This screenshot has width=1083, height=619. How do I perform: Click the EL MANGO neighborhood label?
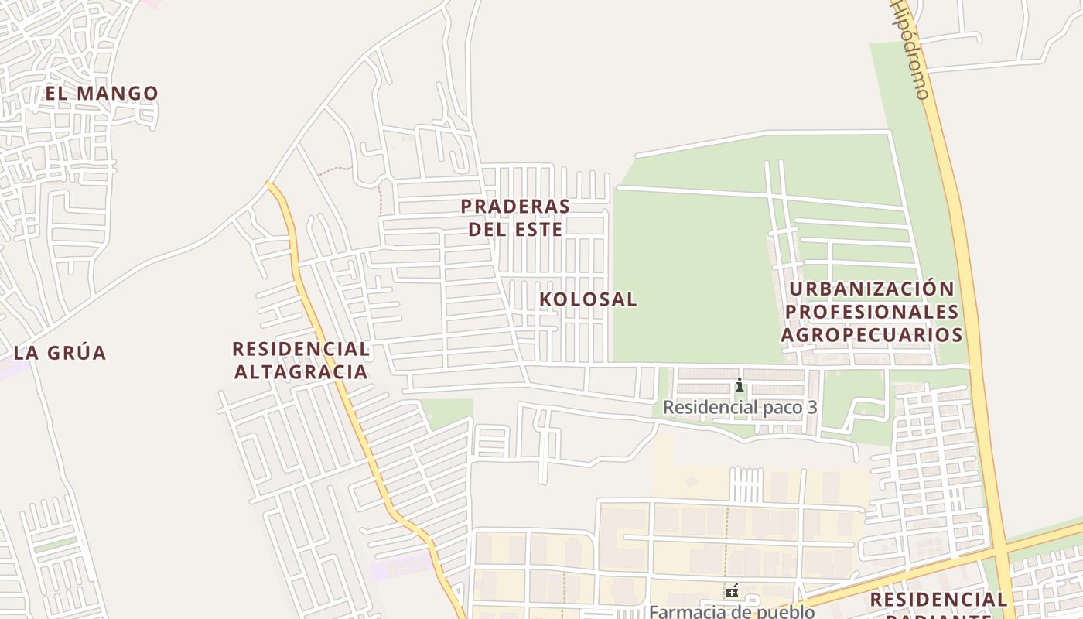[x=101, y=94]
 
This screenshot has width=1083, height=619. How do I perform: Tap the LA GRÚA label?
[x=60, y=353]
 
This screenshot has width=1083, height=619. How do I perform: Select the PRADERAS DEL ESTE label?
[x=515, y=217]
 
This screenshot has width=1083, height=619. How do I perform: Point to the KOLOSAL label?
[x=588, y=299]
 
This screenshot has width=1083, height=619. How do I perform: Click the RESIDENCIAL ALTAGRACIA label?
[x=301, y=361]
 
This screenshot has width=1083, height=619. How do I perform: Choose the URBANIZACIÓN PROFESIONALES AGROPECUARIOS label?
[x=872, y=312]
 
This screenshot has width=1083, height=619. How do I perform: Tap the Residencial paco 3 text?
[x=740, y=407]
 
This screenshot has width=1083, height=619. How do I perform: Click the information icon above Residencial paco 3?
[x=740, y=385]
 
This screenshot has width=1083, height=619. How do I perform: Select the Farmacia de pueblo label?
[x=731, y=611]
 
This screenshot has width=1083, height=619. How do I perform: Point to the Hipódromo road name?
[x=910, y=50]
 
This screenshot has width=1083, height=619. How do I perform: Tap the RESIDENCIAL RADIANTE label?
[x=938, y=604]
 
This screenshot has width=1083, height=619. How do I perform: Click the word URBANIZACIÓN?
[x=872, y=289]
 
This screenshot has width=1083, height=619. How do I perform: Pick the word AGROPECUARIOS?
[x=872, y=335]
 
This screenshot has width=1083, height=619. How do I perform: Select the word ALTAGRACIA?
[x=301, y=372]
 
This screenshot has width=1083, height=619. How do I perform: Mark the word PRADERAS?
[x=515, y=207]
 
